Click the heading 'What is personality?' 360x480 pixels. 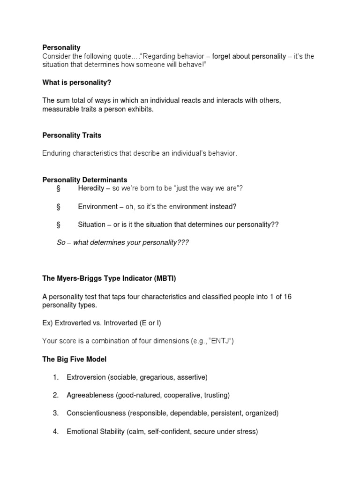76,82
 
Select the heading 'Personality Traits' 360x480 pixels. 72,135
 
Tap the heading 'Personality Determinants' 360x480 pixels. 85,180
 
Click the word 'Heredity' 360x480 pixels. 91,188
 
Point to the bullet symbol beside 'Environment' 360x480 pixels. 58,207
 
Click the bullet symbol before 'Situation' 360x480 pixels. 58,225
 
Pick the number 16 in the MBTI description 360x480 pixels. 287,297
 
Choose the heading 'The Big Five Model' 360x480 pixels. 75,359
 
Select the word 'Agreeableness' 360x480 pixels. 90,395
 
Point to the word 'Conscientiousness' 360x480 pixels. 96,413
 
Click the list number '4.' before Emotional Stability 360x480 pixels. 55,432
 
